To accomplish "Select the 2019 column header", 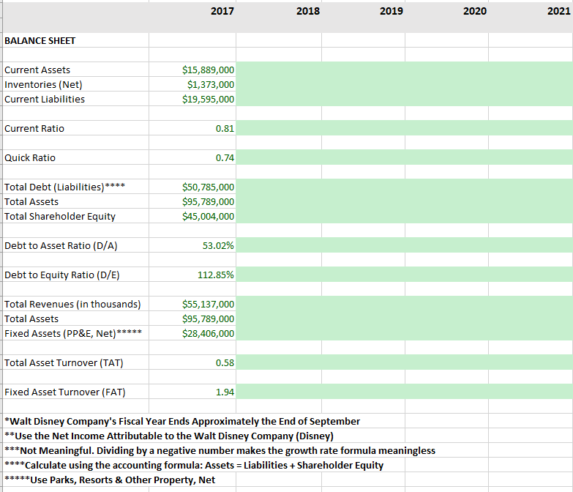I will coord(392,11).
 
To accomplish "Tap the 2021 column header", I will coord(558,11).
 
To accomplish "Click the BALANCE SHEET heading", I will coord(40,40).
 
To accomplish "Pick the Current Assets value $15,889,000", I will coord(208,70).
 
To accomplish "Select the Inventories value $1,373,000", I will coord(211,84).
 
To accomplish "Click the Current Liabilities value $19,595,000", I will coord(208,99).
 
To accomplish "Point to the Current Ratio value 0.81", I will coord(225,128).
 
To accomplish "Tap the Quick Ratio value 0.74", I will coord(225,157).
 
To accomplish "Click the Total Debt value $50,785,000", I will coord(208,187).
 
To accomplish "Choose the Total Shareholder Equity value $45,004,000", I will coord(208,216).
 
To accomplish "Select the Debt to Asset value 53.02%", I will coord(218,245).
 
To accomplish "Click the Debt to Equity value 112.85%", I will coord(216,275).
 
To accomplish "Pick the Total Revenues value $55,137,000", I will coord(208,304).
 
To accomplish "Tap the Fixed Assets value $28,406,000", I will coord(208,333).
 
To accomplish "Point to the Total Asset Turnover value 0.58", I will coord(225,362).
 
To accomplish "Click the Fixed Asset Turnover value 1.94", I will coord(225,392).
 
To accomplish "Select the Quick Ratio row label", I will coord(30,157).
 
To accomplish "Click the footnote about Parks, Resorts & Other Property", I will coord(110,480).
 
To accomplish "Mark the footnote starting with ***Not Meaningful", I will coord(220,450).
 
